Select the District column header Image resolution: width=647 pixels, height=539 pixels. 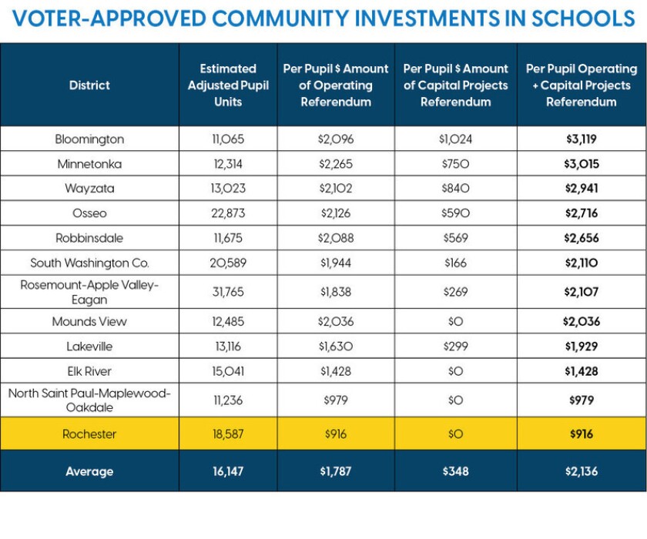[89, 85]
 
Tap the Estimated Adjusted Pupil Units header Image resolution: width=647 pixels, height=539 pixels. [228, 85]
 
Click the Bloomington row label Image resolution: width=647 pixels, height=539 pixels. [89, 139]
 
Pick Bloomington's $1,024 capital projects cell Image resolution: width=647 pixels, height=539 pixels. [455, 139]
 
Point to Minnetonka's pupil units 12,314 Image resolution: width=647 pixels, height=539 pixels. [228, 164]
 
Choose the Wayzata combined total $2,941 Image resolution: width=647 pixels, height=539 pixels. [582, 189]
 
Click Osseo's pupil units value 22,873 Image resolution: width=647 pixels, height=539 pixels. [228, 213]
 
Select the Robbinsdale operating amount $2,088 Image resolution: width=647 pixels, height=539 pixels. [336, 238]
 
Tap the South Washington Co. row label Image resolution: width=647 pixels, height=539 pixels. [89, 263]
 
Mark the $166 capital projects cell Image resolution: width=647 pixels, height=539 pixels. [455, 263]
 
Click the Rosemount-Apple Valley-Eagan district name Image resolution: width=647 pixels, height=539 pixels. [89, 292]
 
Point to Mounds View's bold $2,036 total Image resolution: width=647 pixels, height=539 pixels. [582, 321]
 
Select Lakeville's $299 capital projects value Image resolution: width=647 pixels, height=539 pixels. [455, 346]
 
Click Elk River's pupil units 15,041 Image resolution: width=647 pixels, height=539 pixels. [228, 371]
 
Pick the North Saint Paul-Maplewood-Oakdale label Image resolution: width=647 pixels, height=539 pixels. [89, 400]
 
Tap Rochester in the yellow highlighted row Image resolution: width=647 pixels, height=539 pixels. [89, 434]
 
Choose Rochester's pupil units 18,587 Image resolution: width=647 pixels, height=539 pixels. [228, 434]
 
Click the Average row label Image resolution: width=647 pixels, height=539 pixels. [89, 471]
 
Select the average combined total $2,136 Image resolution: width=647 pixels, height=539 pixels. [582, 471]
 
